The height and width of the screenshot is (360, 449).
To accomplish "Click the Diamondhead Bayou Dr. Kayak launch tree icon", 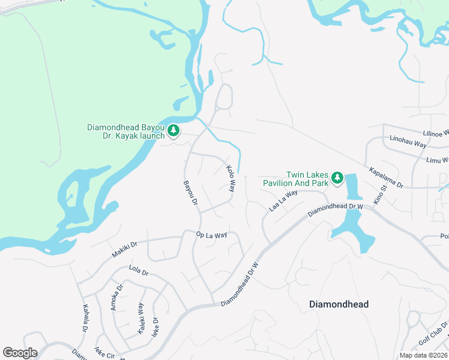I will point(173,130).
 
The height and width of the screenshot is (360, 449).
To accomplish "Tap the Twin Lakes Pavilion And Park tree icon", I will point(337,178).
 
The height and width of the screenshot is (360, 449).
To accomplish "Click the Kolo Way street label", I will point(231,179).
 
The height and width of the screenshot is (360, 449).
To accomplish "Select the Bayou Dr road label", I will point(190,193).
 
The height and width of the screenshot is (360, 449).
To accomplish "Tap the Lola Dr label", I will point(138,271).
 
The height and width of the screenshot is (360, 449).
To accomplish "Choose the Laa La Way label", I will point(283,201).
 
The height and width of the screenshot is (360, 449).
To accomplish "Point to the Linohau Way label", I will point(408,145).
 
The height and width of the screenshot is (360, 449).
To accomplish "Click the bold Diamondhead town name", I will point(339,304).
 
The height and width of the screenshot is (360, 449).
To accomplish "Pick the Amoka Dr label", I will point(116,298).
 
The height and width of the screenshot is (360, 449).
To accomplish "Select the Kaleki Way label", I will point(142,318).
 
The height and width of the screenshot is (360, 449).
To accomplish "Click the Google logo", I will point(20,353).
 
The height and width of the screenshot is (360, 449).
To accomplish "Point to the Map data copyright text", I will point(424,355).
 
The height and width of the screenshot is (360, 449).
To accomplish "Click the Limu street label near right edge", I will point(437,160).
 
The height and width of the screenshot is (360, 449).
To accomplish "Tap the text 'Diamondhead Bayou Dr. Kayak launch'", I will point(126,131).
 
